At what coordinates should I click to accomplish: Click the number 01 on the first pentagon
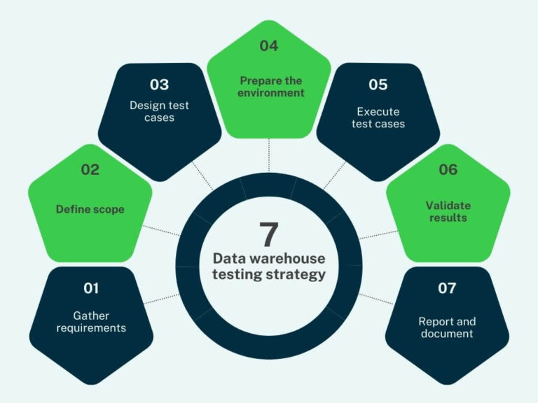pos(91,288)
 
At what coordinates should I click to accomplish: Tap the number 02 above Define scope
pos(90,169)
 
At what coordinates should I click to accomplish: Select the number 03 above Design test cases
pos(159,85)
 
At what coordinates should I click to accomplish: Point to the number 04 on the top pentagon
pos(269,46)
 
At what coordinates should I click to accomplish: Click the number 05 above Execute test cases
pos(378,85)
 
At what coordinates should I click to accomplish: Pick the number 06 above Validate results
pos(448,169)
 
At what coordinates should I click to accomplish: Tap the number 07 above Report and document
pos(447,288)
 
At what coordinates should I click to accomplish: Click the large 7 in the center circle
pos(269,234)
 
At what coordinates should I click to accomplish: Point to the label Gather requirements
pos(91,322)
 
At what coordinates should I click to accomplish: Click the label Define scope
pos(90,209)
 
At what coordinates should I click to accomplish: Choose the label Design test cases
pos(159,112)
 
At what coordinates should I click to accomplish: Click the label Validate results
pos(448,211)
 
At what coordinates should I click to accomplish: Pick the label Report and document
pos(447,327)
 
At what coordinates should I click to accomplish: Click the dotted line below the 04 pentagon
pos(269,154)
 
